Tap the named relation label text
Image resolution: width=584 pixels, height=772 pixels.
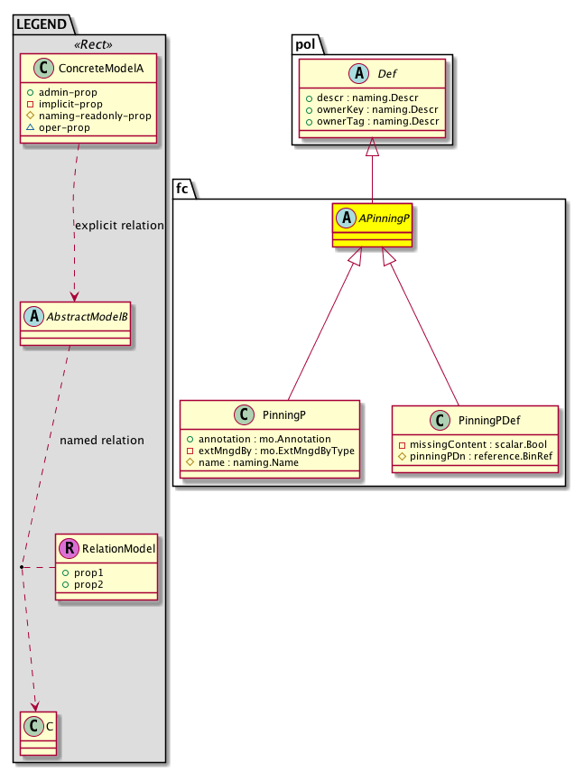pyautogui.click(x=101, y=441)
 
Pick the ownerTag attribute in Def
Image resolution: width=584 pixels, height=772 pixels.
pyautogui.click(x=373, y=121)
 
